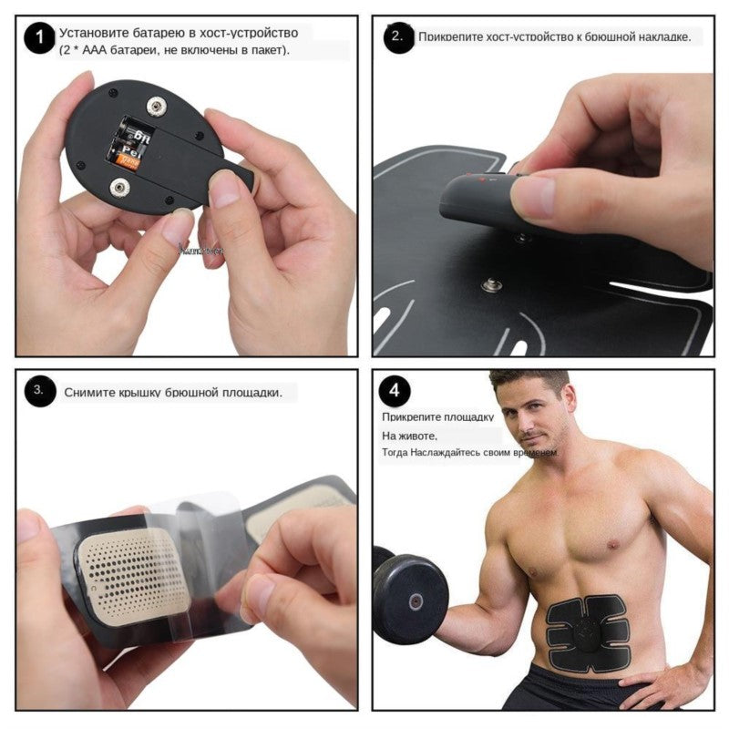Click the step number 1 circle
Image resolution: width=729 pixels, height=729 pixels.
(37, 39)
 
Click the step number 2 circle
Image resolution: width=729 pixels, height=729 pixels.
(398, 37)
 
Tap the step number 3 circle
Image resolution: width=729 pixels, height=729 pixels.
(39, 391)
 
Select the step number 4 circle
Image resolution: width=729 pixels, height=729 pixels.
(394, 391)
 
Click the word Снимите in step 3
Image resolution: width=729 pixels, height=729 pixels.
(89, 393)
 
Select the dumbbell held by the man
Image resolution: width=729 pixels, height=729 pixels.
(411, 598)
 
